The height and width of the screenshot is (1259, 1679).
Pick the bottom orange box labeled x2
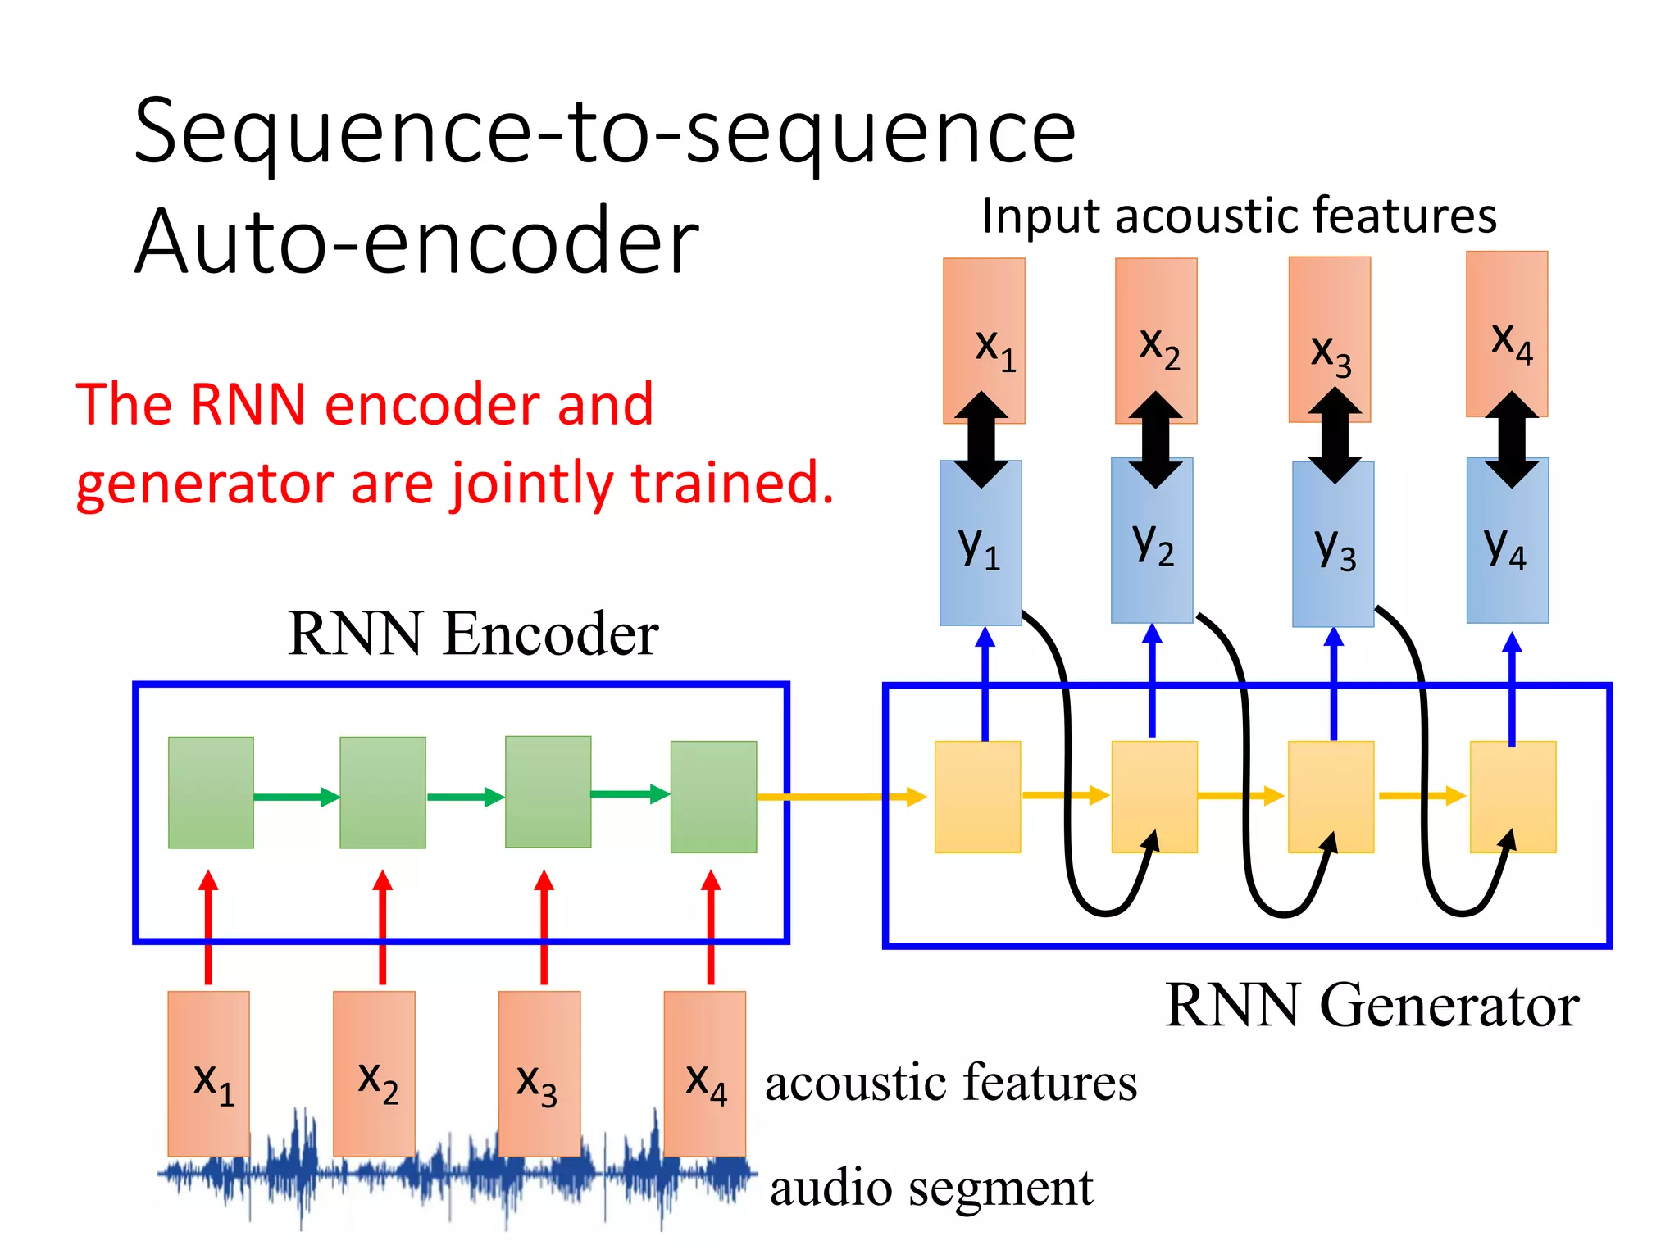pyautogui.click(x=374, y=1074)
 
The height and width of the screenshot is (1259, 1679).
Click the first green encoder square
pyautogui.click(x=211, y=793)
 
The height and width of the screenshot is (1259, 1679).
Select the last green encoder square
pyautogui.click(x=713, y=797)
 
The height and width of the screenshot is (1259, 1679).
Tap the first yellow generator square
pyautogui.click(x=977, y=797)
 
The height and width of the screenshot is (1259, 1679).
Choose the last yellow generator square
pyautogui.click(x=1513, y=797)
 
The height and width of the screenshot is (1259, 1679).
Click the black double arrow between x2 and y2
pyautogui.click(x=1155, y=440)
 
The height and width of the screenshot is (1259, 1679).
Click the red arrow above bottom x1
pyautogui.click(x=208, y=926)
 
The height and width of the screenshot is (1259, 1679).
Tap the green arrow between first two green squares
pyautogui.click(x=296, y=797)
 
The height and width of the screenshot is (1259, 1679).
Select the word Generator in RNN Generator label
pyautogui.click(x=1449, y=1005)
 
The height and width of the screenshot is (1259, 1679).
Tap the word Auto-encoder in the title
pyautogui.click(x=416, y=242)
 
